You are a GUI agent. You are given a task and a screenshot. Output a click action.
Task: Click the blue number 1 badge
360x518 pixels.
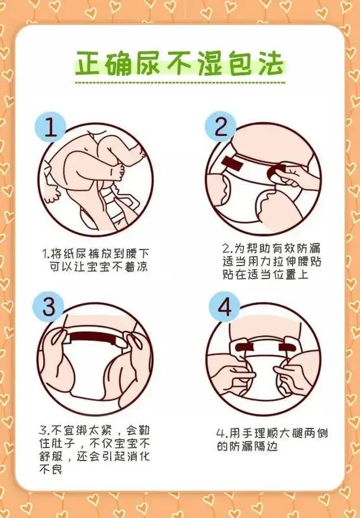click(x=50, y=127)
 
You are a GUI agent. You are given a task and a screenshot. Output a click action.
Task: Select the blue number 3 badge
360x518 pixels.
click(x=48, y=306)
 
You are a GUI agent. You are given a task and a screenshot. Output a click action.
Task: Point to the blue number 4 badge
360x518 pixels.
click(x=224, y=306)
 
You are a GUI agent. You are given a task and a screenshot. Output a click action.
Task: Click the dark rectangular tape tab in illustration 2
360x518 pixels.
click(x=232, y=163)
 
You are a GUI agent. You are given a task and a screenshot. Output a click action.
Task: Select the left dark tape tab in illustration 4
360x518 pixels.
click(x=244, y=347)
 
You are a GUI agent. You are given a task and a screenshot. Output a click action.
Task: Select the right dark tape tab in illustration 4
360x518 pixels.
click(x=287, y=347)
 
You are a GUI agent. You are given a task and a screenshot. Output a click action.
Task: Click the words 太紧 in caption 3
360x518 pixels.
click(x=99, y=430)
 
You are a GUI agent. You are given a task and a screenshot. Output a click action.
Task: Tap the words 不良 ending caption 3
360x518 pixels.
click(x=51, y=469)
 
